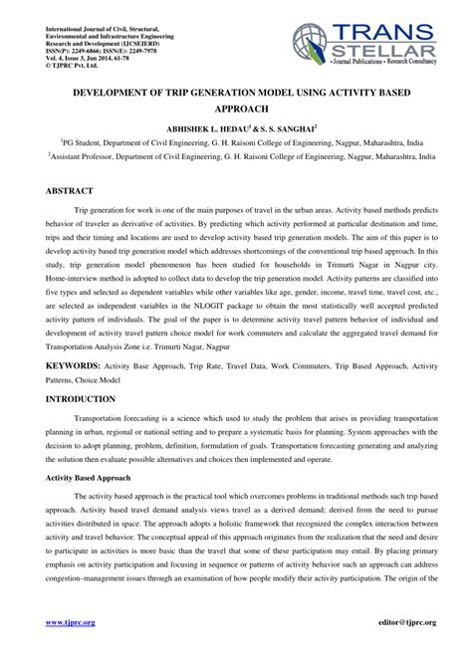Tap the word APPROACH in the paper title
coord(236,109)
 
